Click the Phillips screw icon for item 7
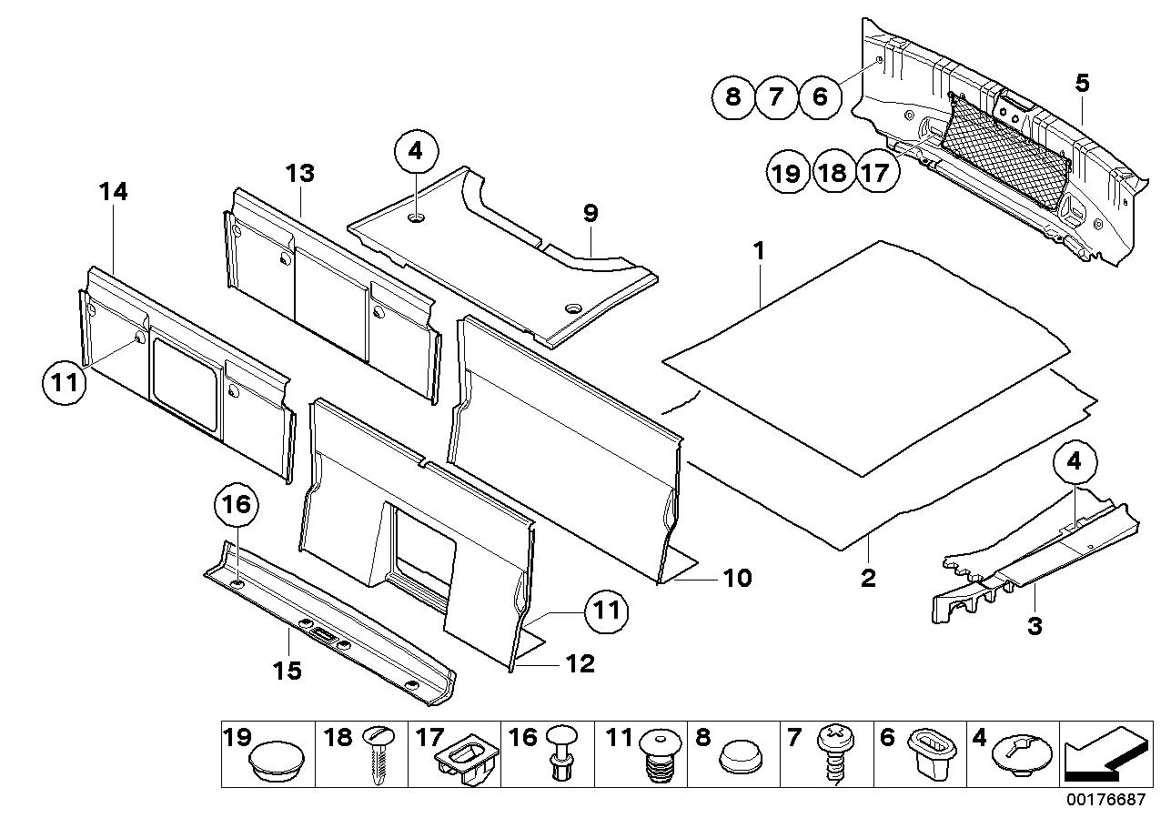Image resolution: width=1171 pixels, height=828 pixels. [833, 755]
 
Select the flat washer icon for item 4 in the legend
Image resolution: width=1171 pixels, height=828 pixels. [1019, 755]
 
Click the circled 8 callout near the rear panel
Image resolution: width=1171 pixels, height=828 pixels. [734, 96]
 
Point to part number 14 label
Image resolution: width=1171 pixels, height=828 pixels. [114, 193]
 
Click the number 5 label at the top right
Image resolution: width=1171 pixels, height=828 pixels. [1081, 84]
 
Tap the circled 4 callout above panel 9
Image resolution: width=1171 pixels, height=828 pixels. [416, 153]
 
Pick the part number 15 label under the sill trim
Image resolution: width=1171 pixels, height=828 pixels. [287, 671]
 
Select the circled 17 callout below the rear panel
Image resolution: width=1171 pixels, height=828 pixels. [874, 173]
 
